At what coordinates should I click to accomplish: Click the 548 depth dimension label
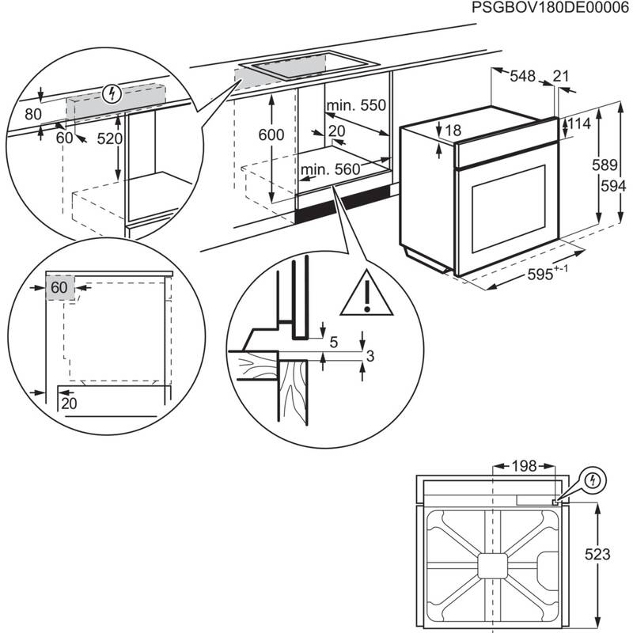[522, 76]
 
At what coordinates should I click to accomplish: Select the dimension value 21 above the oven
[561, 76]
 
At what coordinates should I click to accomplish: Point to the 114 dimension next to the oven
[579, 124]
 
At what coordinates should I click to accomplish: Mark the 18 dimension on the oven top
[452, 131]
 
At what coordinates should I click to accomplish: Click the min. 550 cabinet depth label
[355, 105]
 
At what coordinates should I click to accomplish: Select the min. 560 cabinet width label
[330, 169]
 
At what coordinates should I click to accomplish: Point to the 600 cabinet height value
[271, 135]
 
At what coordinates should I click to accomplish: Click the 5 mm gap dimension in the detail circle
[333, 343]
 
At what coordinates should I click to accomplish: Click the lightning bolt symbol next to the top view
[593, 480]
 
